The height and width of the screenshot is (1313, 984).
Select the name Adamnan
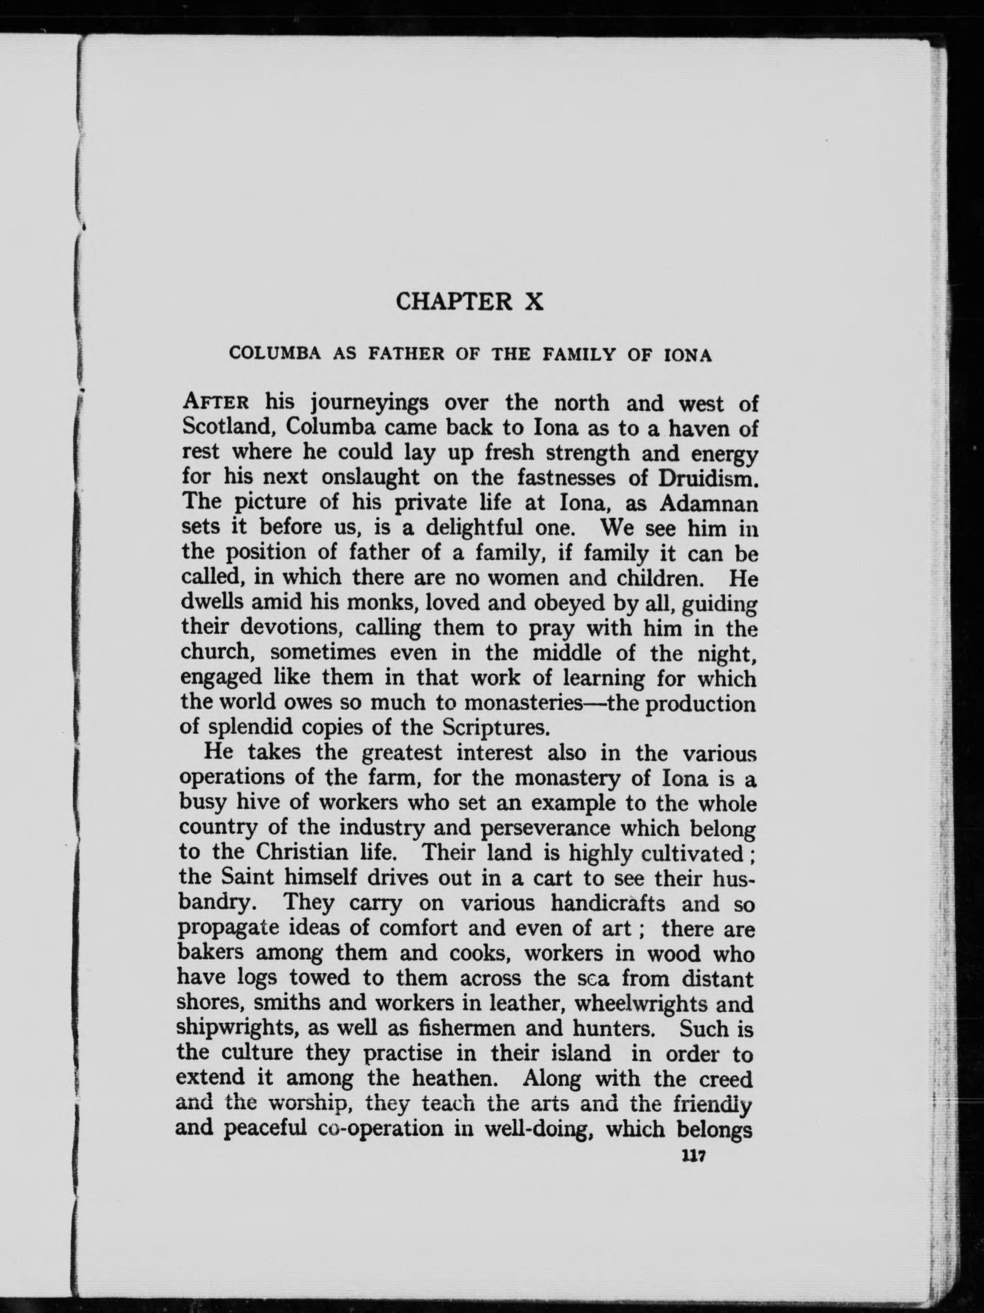[x=709, y=503]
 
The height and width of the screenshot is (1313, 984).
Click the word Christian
[x=302, y=852]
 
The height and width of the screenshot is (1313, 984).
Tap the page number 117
[x=693, y=1156]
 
